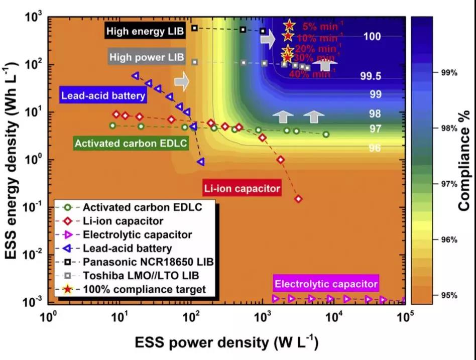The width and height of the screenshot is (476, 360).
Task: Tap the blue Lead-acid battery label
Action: point(103,95)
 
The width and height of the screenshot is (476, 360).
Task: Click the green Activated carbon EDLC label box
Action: point(131,143)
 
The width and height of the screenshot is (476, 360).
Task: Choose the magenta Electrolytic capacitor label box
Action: point(326,284)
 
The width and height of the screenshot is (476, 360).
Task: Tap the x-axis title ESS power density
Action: point(225,343)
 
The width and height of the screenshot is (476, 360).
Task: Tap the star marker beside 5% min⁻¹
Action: point(289,25)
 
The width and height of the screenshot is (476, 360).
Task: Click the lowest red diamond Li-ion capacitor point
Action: point(299,199)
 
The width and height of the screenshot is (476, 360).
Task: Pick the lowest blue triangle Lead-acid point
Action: point(201,162)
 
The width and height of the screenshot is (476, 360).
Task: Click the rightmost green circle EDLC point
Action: point(326,134)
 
